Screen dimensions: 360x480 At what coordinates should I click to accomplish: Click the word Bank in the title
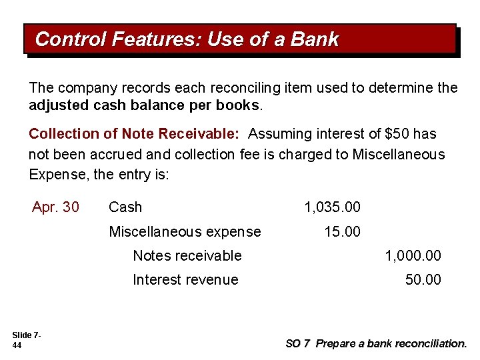click(315, 40)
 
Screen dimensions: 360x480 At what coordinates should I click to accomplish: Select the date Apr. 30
click(55, 207)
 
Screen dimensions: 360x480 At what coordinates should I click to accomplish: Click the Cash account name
click(125, 207)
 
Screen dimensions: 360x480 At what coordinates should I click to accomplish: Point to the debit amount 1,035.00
click(332, 207)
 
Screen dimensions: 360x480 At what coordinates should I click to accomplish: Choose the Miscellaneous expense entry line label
click(185, 231)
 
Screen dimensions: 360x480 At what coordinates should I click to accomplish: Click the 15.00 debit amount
click(342, 231)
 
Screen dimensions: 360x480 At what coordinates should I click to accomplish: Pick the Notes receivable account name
click(187, 255)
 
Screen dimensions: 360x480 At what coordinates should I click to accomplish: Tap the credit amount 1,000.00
click(413, 255)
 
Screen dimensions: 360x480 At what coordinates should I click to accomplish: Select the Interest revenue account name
click(185, 279)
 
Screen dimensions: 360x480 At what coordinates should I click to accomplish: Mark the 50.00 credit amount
click(423, 279)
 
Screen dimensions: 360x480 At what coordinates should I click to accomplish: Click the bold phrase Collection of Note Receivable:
click(134, 134)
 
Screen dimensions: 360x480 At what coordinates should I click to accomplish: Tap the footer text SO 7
click(297, 344)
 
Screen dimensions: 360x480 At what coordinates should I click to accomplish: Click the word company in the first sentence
click(83, 88)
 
